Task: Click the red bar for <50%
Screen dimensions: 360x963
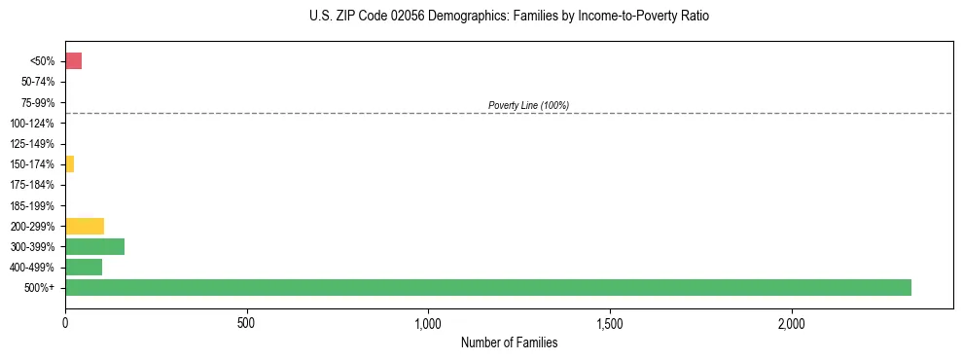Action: [x=73, y=61]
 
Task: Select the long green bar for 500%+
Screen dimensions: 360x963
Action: [x=487, y=287]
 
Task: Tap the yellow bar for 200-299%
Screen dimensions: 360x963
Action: [x=85, y=226]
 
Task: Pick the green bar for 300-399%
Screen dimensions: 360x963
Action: [x=94, y=246]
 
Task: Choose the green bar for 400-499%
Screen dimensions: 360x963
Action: [x=84, y=267]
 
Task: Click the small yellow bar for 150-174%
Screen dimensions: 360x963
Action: [x=69, y=164]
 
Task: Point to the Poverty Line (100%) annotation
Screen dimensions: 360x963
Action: [x=528, y=105]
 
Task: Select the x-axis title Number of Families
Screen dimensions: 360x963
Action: [x=509, y=342]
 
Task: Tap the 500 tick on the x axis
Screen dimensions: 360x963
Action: [x=246, y=323]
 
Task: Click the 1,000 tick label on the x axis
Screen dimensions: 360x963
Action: [x=428, y=323]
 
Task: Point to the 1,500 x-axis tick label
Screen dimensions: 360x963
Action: [x=610, y=323]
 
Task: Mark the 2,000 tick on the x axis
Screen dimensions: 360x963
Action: [x=792, y=323]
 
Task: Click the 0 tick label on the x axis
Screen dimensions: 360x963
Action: [x=65, y=323]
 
